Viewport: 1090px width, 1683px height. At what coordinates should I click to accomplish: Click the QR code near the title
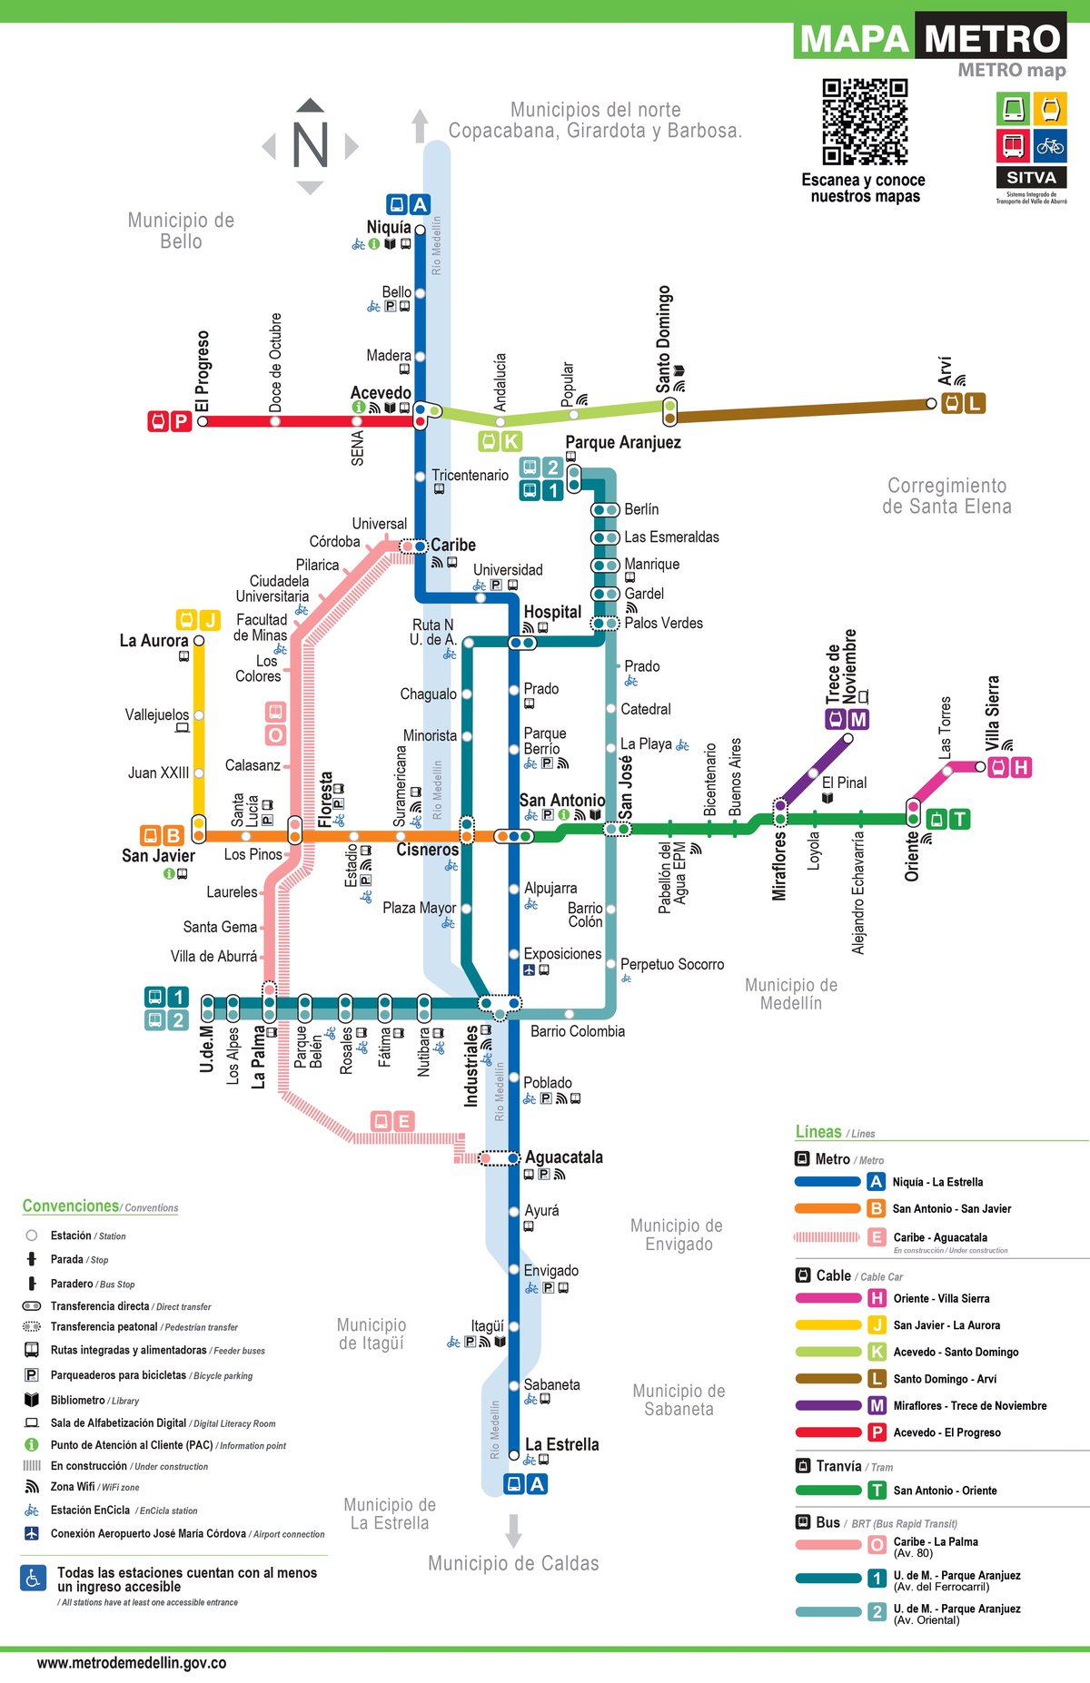pyautogui.click(x=865, y=122)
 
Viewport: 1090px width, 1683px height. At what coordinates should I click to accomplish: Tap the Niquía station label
pyautogui.click(x=389, y=227)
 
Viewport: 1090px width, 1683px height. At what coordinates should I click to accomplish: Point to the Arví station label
pyautogui.click(x=945, y=369)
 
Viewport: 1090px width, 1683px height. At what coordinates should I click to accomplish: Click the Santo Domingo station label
pyautogui.click(x=664, y=338)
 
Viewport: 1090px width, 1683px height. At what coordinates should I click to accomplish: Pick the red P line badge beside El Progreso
pyautogui.click(x=180, y=421)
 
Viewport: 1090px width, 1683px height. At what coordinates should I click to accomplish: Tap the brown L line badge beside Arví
pyautogui.click(x=975, y=403)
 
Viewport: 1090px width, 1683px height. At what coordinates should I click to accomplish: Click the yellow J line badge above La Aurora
pyautogui.click(x=210, y=620)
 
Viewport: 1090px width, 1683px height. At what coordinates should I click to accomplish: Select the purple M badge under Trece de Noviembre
pyautogui.click(x=857, y=719)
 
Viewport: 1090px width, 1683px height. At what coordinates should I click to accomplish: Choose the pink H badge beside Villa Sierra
pyautogui.click(x=1021, y=767)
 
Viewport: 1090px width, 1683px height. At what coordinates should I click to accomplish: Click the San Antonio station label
pyautogui.click(x=561, y=800)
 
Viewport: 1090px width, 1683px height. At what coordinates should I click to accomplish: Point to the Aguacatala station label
pyautogui.click(x=563, y=1157)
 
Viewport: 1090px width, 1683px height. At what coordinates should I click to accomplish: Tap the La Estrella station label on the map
pyautogui.click(x=561, y=1444)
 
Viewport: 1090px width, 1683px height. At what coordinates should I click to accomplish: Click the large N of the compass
pyautogui.click(x=310, y=145)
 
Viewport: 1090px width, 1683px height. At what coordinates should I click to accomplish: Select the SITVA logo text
pyautogui.click(x=1031, y=178)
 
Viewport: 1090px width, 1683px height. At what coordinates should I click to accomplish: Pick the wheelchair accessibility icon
pyautogui.click(x=34, y=1579)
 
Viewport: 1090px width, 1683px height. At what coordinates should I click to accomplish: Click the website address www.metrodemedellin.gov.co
pyautogui.click(x=132, y=1663)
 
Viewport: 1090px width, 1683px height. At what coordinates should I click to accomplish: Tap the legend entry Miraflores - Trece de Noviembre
pyautogui.click(x=969, y=1405)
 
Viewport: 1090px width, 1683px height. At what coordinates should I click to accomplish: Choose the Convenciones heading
pyautogui.click(x=71, y=1206)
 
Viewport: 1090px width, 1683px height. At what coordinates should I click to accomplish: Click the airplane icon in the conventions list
pyautogui.click(x=32, y=1533)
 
